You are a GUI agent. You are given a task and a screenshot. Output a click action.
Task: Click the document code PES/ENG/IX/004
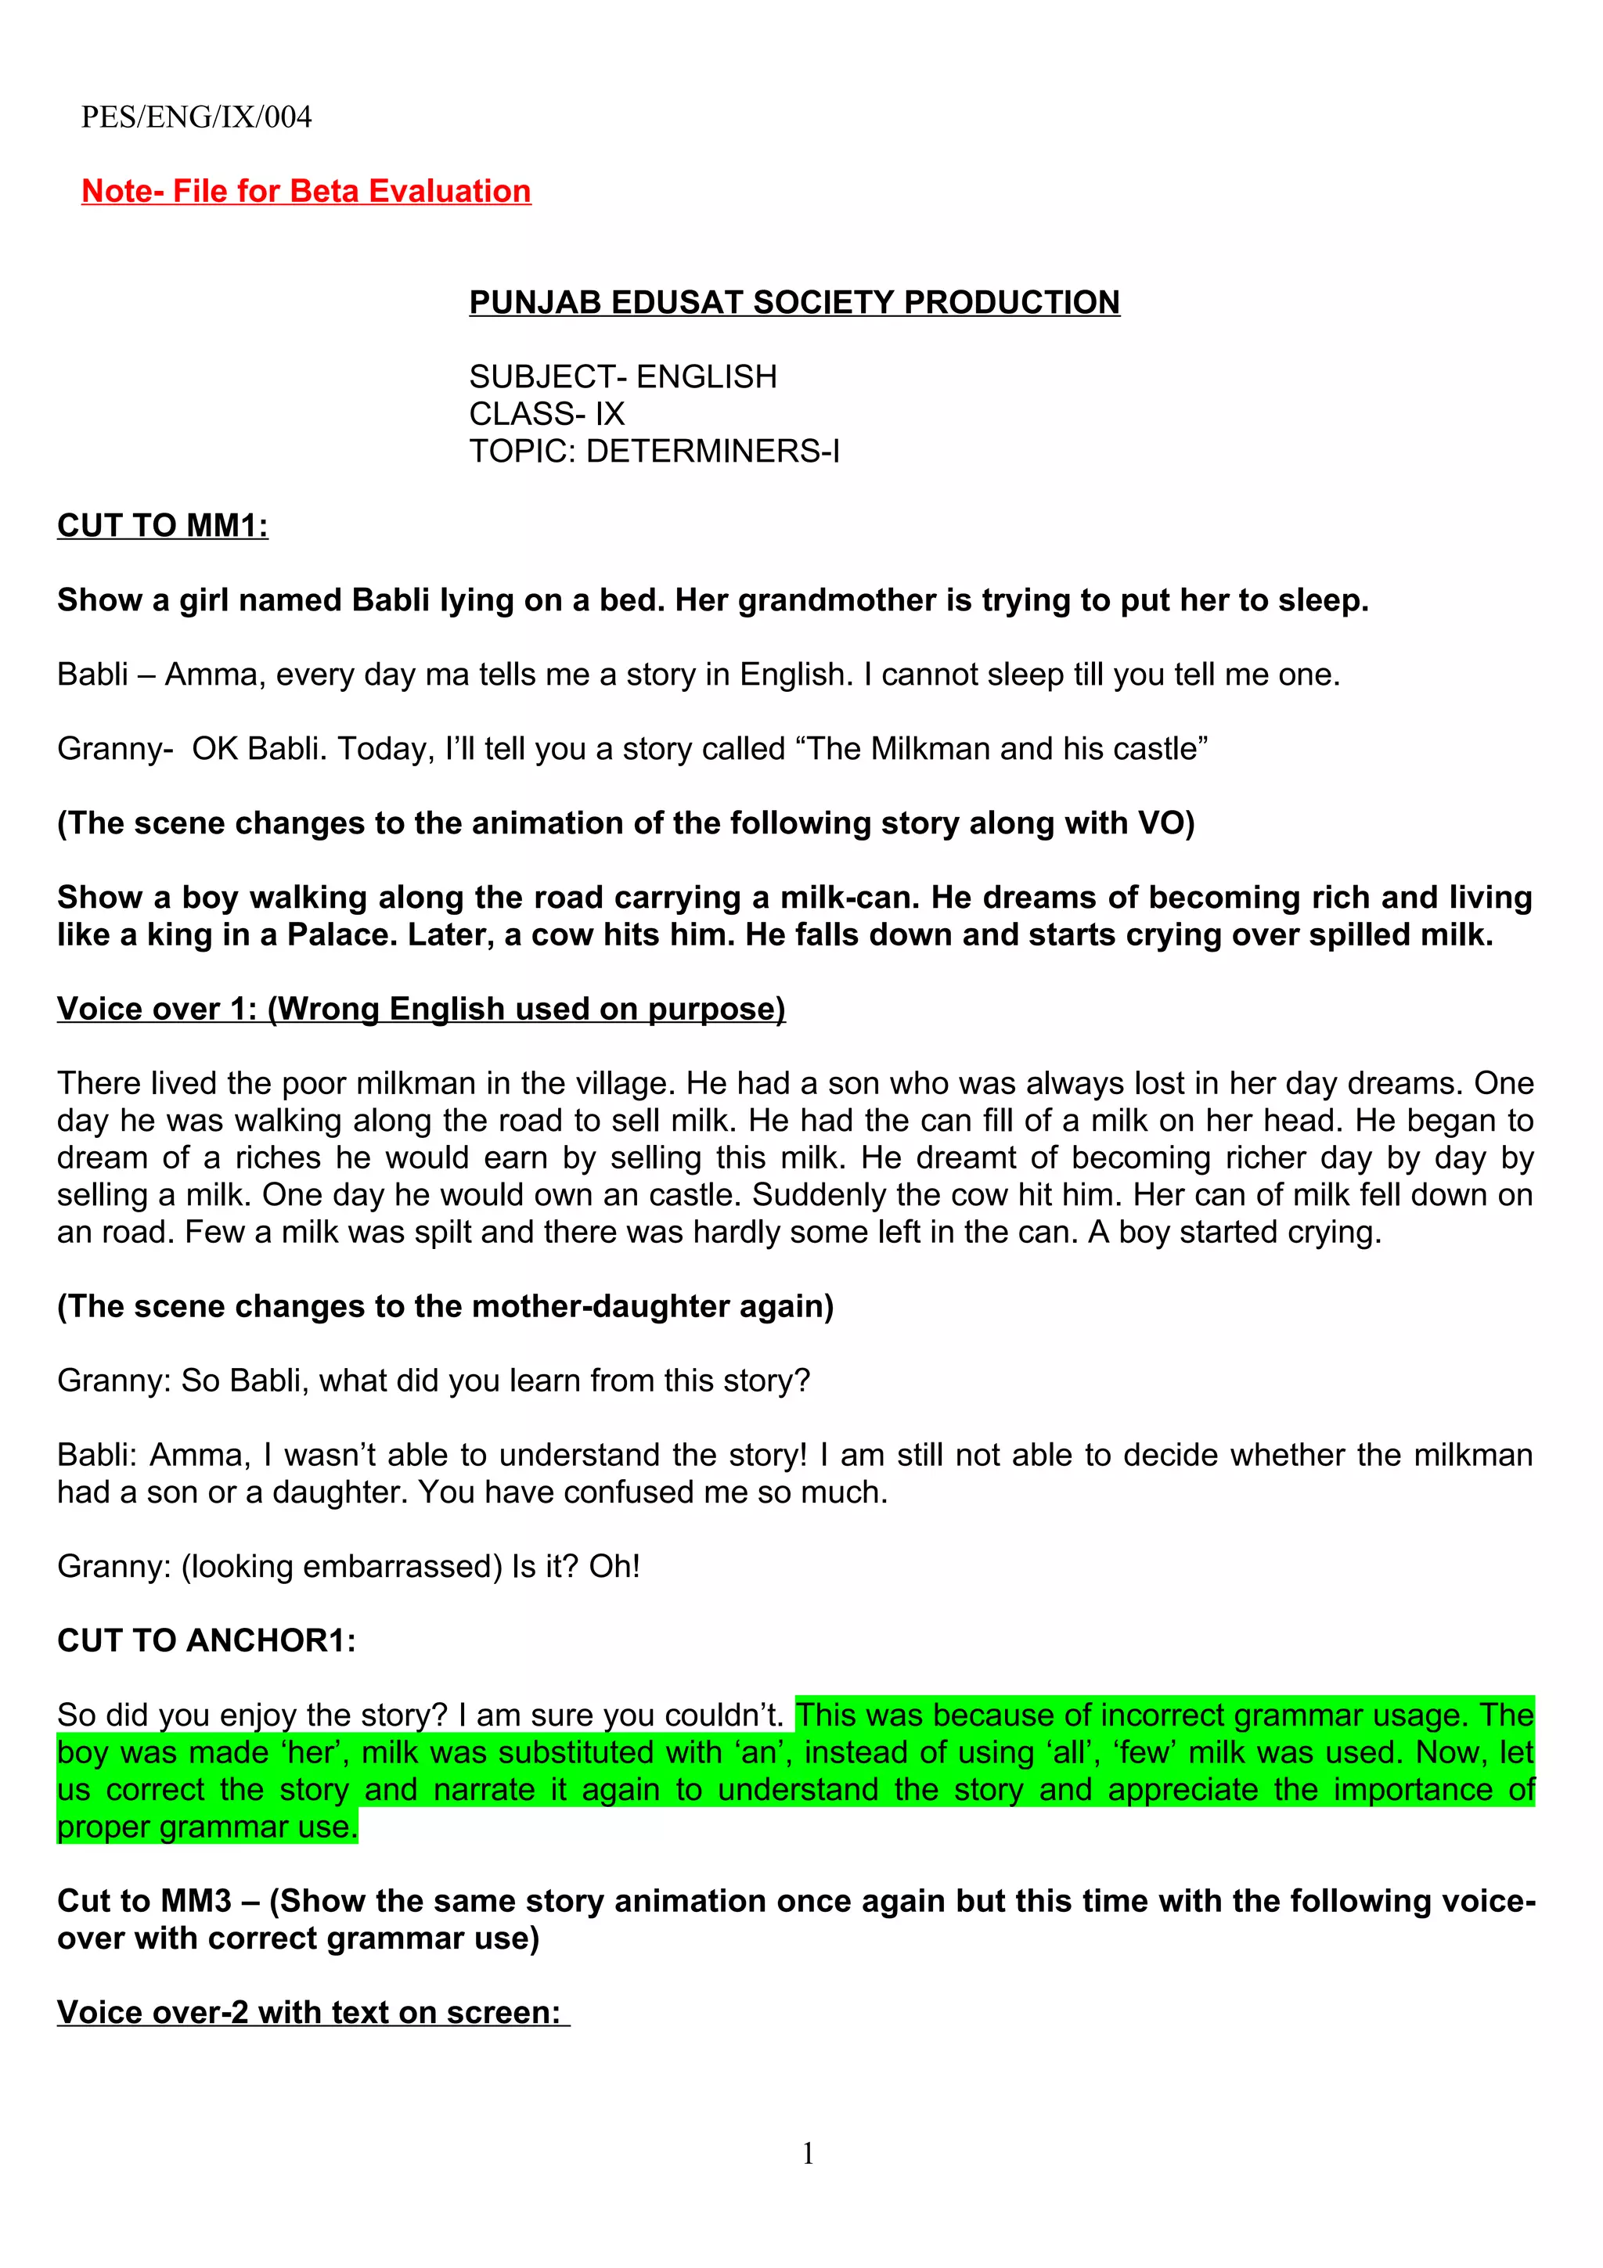tap(196, 117)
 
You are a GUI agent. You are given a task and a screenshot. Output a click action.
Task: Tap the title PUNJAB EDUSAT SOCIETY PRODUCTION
tap(794, 302)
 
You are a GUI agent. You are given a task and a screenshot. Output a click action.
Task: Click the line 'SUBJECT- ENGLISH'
tap(622, 376)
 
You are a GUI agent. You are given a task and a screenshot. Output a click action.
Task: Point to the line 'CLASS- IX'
tap(546, 414)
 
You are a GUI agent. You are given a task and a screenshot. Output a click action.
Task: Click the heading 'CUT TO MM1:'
tap(163, 525)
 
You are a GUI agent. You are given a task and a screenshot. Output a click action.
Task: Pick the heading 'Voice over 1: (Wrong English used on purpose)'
tap(421, 1009)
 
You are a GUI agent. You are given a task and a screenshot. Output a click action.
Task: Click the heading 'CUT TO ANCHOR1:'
tap(207, 1641)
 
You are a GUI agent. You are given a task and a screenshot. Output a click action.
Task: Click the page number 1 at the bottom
tap(808, 2154)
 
